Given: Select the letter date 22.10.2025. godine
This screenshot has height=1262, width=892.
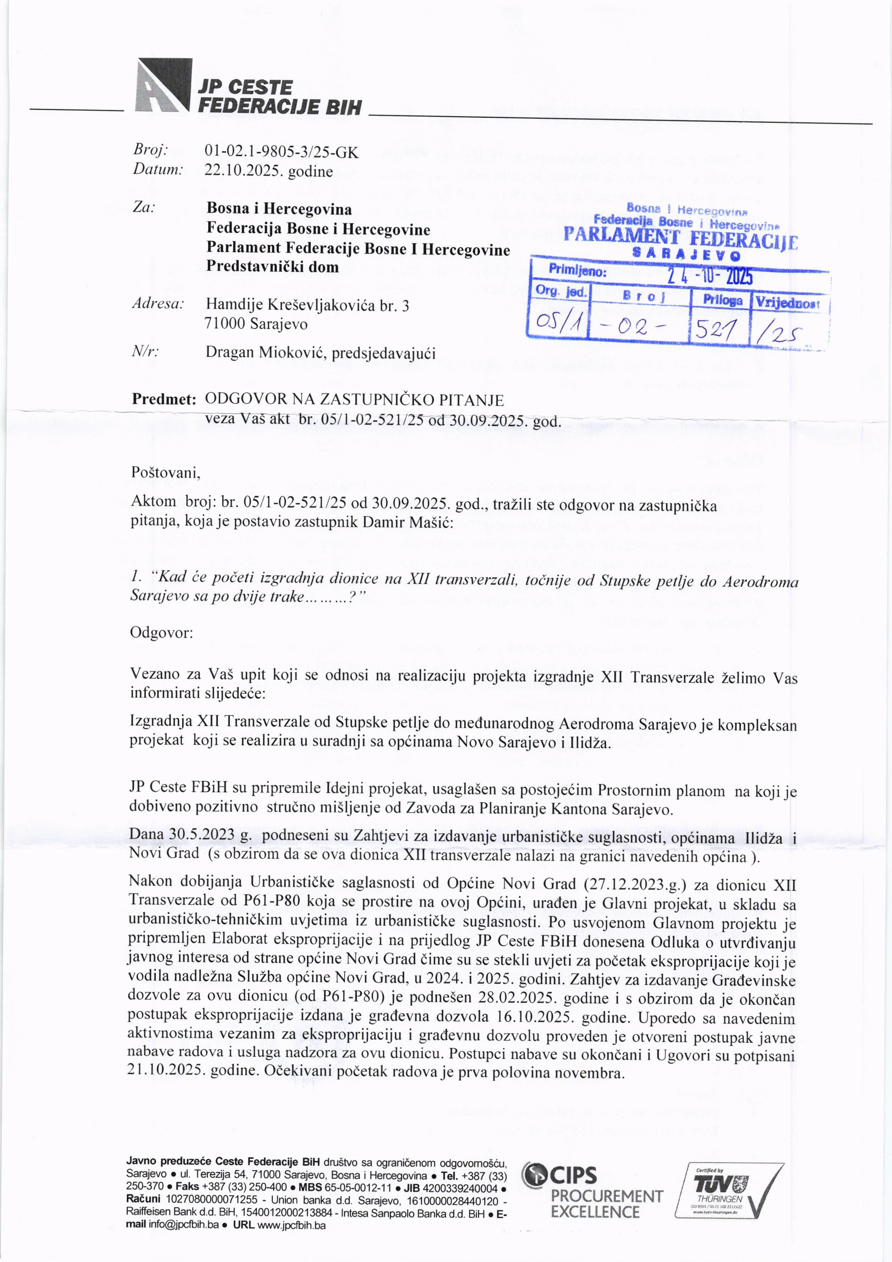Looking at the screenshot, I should pyautogui.click(x=268, y=171).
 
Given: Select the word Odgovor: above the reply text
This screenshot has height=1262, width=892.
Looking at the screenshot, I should pyautogui.click(x=161, y=633).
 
